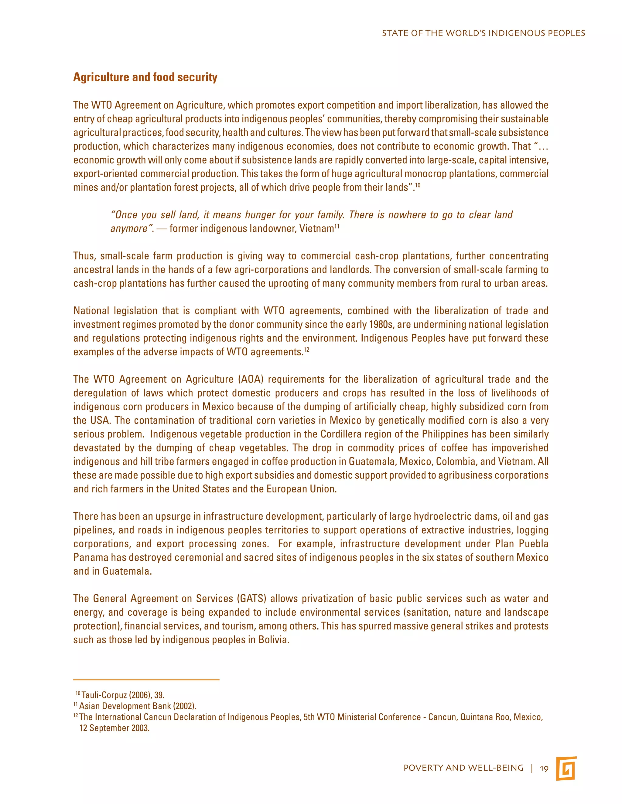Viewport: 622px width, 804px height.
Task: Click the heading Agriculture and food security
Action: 145,77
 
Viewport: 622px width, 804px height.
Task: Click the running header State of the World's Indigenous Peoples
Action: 483,33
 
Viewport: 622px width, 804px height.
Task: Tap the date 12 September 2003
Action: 114,728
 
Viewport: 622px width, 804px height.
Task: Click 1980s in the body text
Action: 380,325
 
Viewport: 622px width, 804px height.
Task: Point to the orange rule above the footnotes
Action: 146,680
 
